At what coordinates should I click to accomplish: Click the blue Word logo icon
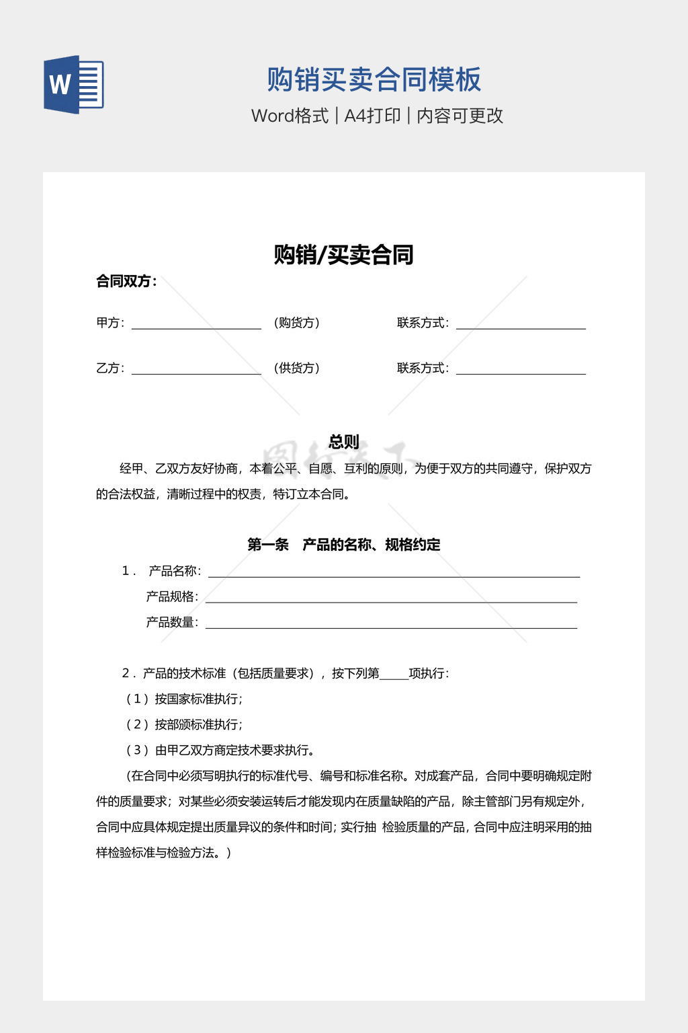coord(73,85)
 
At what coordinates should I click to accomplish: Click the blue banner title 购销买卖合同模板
coord(374,79)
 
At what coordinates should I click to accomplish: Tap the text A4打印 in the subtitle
coord(372,116)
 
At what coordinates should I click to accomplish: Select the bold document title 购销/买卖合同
coord(343,255)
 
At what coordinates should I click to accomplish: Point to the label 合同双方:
coord(126,281)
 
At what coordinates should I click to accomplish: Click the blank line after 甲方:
coord(196,325)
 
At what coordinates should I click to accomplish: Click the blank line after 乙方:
coord(196,370)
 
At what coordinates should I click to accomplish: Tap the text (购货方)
coord(296,323)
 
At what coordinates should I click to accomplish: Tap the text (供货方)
coord(296,368)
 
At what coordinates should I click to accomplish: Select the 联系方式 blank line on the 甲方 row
coord(521,325)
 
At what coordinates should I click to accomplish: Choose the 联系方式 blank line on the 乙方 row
coord(521,370)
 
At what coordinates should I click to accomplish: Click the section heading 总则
coord(343,442)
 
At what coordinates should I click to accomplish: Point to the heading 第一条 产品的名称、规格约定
coord(343,545)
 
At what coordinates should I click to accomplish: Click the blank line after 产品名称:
coord(394,573)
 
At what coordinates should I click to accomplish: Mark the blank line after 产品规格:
coord(391,599)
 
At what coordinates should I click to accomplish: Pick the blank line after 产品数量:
coord(391,624)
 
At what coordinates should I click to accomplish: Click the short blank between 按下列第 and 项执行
coord(394,675)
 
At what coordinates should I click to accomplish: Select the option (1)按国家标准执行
coord(184,699)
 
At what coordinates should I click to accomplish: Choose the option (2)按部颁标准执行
coord(184,724)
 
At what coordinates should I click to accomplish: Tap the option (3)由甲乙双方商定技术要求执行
coord(220,750)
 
